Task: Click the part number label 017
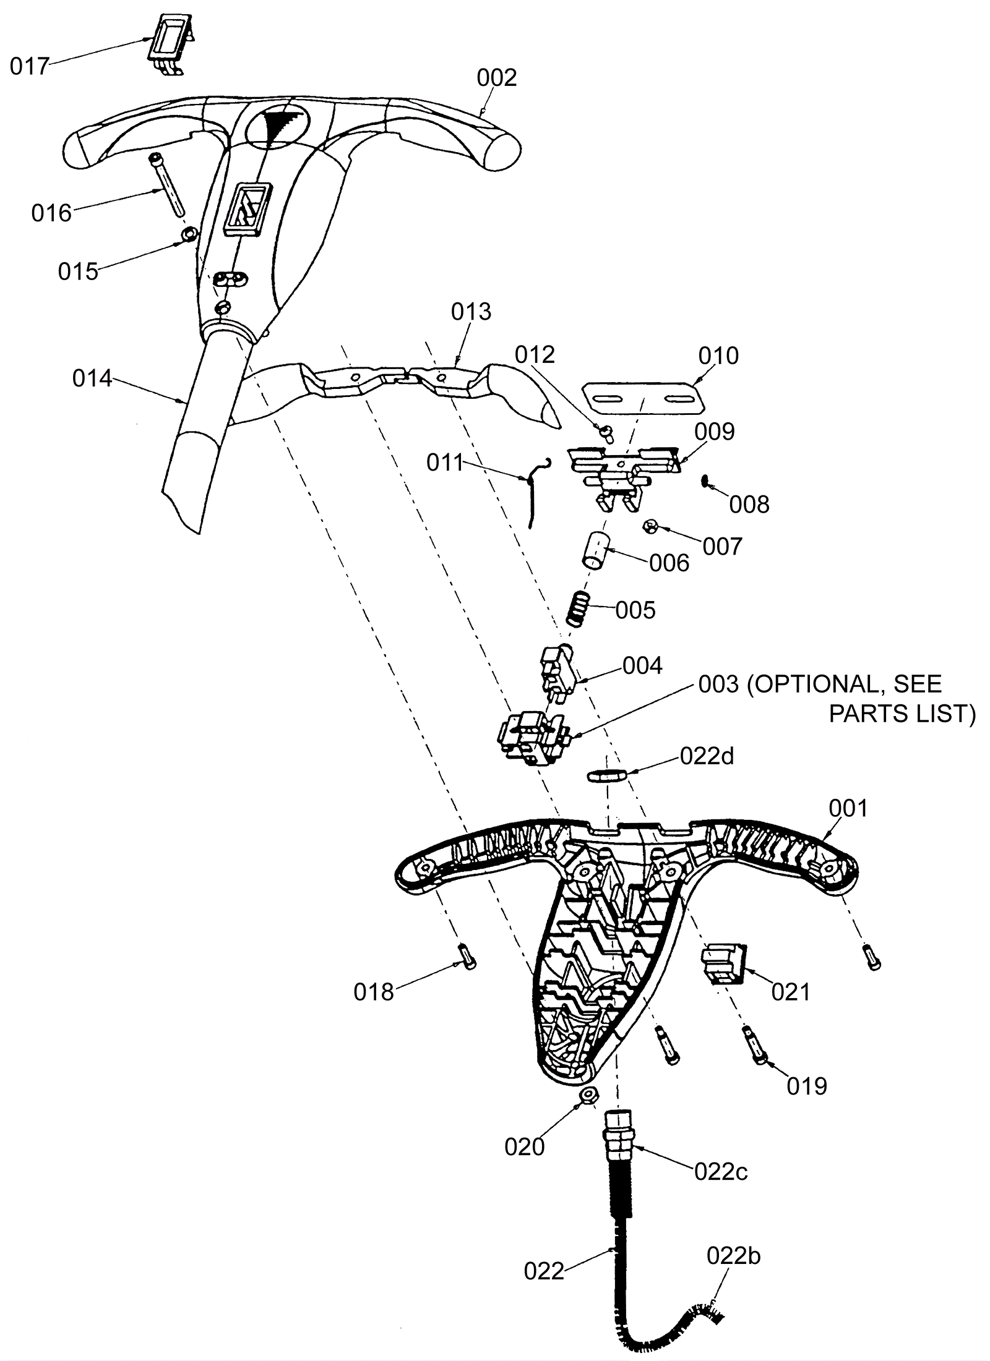coord(29,66)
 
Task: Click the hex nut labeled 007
coord(650,527)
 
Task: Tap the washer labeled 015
coord(188,235)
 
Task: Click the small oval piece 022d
coord(607,775)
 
